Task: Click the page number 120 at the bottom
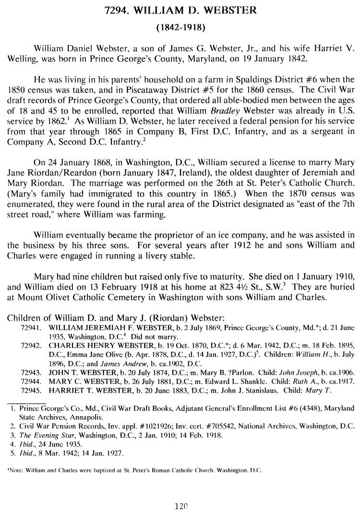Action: click(x=180, y=505)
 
